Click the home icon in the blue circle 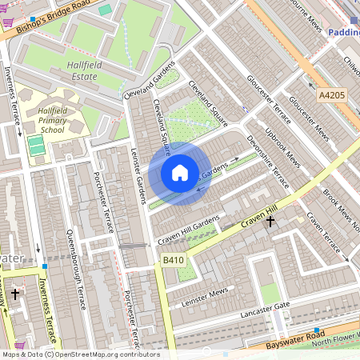click(x=180, y=173)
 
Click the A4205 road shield click(x=332, y=95)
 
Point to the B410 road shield click(x=173, y=260)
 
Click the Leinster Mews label click(x=204, y=295)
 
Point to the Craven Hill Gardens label click(x=188, y=230)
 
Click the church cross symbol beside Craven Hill click(x=270, y=221)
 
